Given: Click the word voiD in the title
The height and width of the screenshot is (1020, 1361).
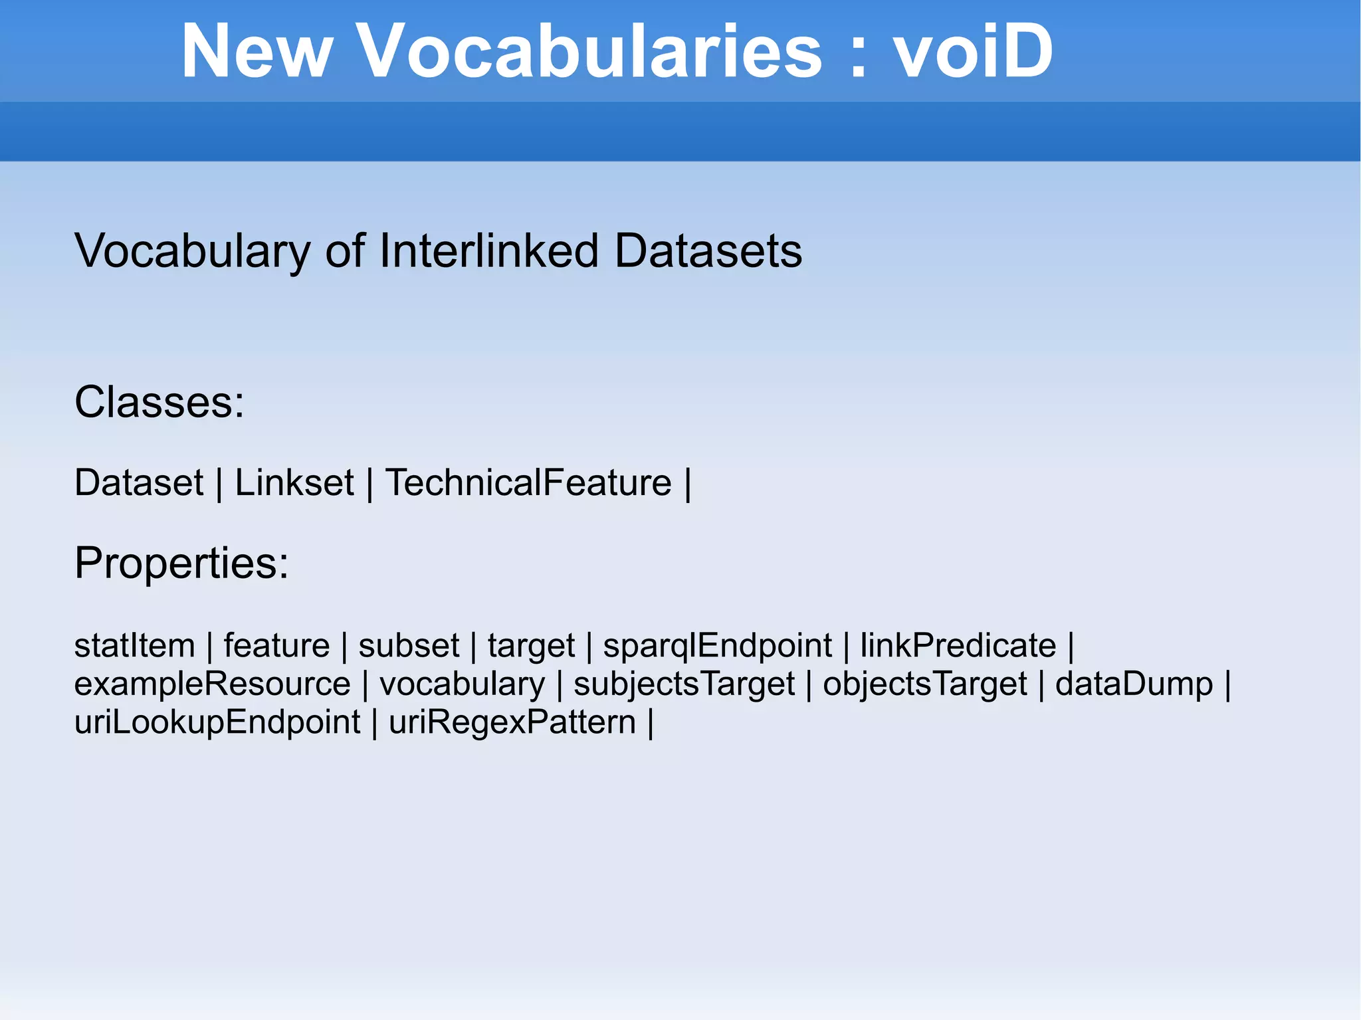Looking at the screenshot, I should click(972, 51).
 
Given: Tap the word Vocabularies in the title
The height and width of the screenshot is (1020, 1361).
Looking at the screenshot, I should click(590, 51).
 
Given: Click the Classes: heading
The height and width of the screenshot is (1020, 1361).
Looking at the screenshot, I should click(159, 402).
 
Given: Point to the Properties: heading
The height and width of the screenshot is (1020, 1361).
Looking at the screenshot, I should click(181, 563).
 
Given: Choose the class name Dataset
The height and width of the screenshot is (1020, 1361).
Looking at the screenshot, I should click(138, 482).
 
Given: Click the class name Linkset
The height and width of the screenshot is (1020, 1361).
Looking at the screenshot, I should click(294, 482).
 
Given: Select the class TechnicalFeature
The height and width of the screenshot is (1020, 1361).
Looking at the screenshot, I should click(528, 482).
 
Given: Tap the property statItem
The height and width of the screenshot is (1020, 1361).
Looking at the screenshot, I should click(134, 645).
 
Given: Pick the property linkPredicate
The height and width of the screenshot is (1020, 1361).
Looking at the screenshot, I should click(958, 645).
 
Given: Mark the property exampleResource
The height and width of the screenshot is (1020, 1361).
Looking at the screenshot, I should click(212, 684).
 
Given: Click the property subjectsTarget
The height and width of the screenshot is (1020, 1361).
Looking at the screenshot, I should click(684, 685).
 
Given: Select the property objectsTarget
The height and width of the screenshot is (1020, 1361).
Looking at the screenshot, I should click(924, 685).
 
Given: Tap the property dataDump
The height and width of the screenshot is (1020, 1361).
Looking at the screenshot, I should click(1134, 684).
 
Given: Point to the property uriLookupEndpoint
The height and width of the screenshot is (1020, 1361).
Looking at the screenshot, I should click(217, 723).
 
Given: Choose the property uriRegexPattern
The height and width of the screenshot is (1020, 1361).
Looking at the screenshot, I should click(512, 723).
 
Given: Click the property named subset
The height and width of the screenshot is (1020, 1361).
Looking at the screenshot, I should click(409, 645).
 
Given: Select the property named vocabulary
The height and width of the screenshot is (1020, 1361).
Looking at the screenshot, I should click(462, 685).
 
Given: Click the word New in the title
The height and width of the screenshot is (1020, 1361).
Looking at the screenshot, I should click(257, 51).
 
